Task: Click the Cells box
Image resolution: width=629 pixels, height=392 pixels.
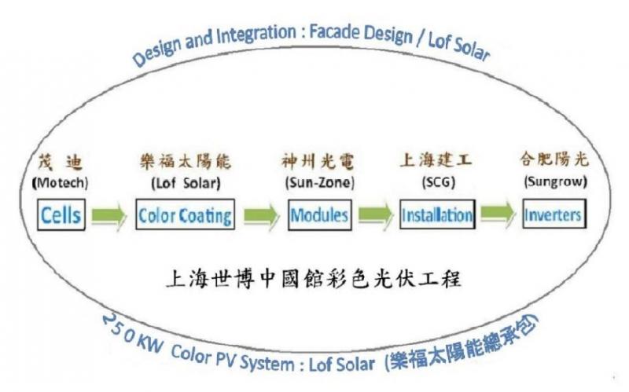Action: [61, 214]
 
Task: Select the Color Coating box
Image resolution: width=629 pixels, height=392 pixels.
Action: [185, 214]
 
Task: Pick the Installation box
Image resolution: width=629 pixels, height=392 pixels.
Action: [436, 214]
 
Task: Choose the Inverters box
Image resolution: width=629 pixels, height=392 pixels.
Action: [554, 214]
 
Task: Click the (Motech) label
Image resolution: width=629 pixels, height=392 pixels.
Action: [59, 184]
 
